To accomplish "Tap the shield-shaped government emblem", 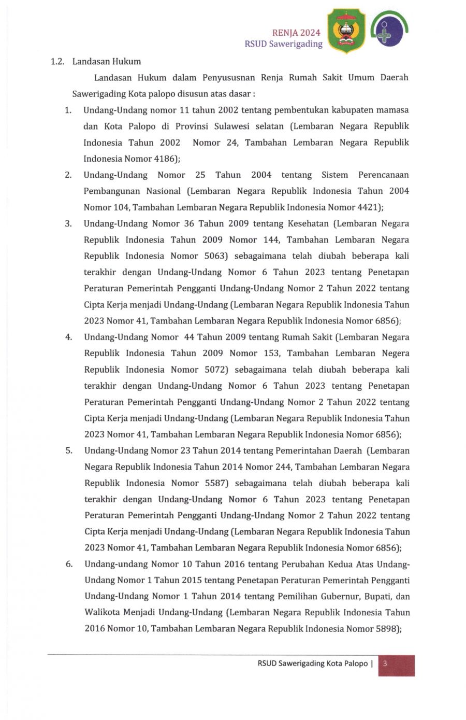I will click(x=346, y=31).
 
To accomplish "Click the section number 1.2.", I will click(x=57, y=62).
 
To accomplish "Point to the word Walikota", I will click(x=101, y=612).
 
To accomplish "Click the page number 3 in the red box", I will click(x=385, y=663).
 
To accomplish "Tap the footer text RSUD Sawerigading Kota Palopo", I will click(x=312, y=663).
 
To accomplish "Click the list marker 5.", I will click(x=68, y=450).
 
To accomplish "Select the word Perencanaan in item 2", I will click(x=383, y=175).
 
